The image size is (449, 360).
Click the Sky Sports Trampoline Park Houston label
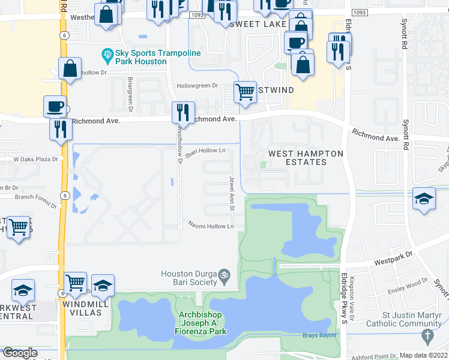point(142,57)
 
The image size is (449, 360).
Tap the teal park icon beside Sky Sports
point(108,56)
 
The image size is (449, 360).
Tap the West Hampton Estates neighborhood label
point(306,158)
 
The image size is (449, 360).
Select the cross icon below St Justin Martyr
point(427,335)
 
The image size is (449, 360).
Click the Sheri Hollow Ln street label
point(205,151)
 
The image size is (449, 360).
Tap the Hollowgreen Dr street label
point(197,86)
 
